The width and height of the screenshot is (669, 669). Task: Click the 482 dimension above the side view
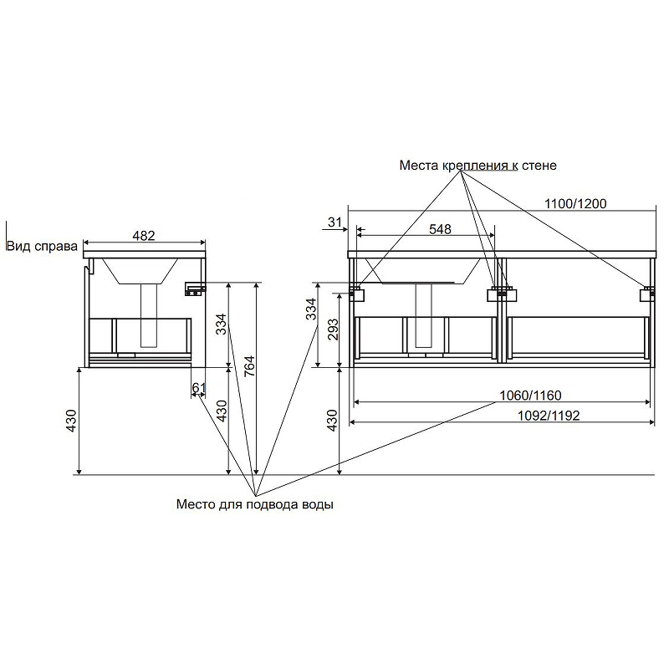tap(144, 236)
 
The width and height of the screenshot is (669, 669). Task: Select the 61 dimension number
tap(198, 388)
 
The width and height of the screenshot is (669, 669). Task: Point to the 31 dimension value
tap(334, 222)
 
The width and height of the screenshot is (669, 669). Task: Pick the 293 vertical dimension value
tap(332, 330)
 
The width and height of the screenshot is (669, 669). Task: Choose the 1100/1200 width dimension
tap(575, 203)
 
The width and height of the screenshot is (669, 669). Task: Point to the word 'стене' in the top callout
tap(541, 166)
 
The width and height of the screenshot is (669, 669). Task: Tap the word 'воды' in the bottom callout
tap(319, 504)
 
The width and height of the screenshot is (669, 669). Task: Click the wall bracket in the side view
tap(195, 289)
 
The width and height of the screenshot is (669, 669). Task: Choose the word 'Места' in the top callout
tap(418, 166)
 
